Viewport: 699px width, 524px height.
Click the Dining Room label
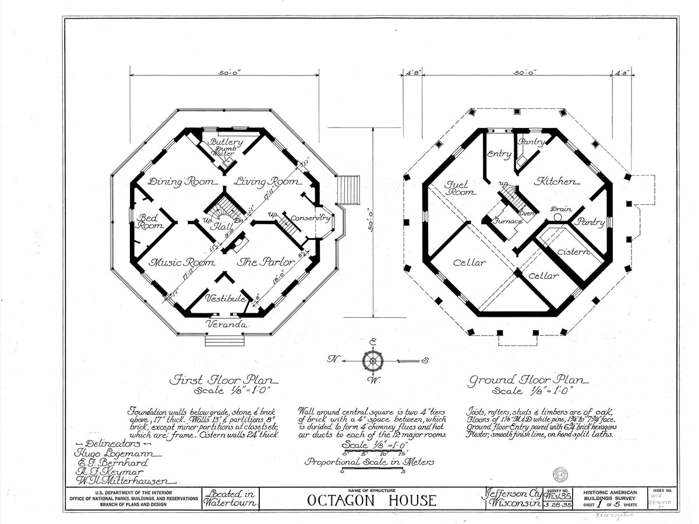coord(181,182)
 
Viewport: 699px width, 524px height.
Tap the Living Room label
coord(266,182)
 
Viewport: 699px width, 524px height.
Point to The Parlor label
coord(266,262)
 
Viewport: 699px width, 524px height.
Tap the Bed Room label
coord(149,221)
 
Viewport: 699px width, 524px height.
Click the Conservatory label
coord(311,218)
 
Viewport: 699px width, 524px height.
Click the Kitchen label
coord(558,181)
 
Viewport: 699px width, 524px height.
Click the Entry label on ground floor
coord(499,154)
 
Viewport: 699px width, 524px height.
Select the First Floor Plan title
coord(224,381)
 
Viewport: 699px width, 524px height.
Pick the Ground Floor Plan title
coord(529,381)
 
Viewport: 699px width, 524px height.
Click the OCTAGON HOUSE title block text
coord(371,500)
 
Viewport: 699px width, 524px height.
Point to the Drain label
coord(561,209)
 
